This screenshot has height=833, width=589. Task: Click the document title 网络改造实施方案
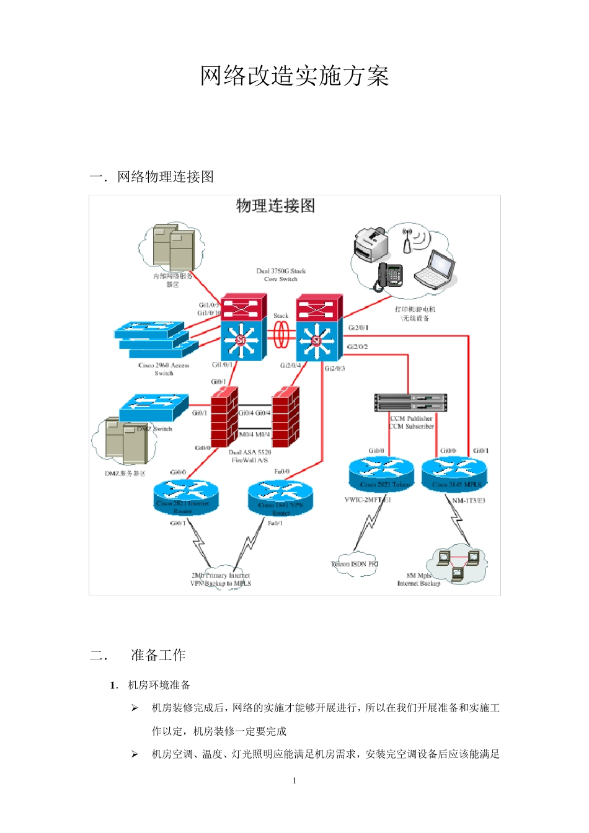click(294, 76)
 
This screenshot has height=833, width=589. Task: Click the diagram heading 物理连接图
click(275, 206)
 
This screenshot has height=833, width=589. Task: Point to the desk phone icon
click(389, 276)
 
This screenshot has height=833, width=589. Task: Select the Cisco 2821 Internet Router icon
click(186, 495)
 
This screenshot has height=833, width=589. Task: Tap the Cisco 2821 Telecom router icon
click(381, 474)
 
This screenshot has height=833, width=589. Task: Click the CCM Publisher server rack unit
click(410, 399)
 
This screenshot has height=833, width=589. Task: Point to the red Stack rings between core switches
click(281, 335)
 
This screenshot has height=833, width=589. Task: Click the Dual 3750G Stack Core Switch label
click(281, 275)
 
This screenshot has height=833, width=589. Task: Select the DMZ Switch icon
click(154, 407)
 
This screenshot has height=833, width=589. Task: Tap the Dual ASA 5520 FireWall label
click(250, 456)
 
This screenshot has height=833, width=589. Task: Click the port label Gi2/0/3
click(335, 368)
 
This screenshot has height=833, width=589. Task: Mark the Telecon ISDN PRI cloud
click(355, 564)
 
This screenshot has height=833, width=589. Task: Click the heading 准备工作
click(158, 655)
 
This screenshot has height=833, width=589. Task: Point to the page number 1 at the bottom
click(294, 780)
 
